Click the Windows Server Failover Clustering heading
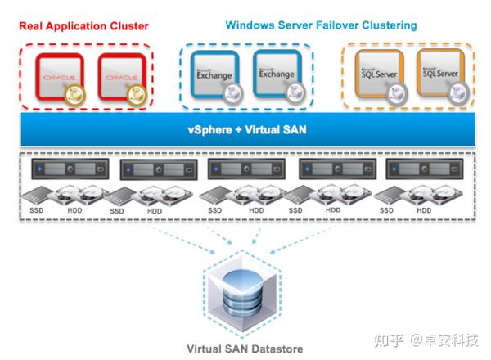click(320, 25)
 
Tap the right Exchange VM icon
click(277, 75)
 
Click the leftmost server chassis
click(68, 171)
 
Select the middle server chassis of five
click(245, 171)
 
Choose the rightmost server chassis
click(421, 171)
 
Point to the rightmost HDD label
click(424, 210)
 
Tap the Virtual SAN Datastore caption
click(244, 349)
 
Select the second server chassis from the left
click(156, 171)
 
